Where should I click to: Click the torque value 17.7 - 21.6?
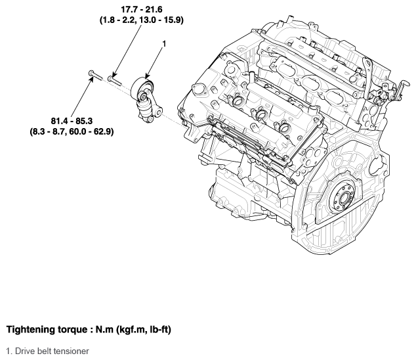(x=142, y=10)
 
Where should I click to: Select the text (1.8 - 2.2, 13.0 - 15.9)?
(x=142, y=20)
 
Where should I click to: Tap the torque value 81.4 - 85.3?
(x=72, y=121)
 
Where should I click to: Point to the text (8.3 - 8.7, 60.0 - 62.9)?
(x=72, y=131)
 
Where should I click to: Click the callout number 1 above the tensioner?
(x=164, y=44)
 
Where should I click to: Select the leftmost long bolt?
(x=94, y=75)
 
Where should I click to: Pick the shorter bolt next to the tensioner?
(x=115, y=81)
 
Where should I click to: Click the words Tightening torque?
(x=47, y=329)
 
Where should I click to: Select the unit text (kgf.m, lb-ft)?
(x=144, y=329)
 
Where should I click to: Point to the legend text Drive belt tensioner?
(x=52, y=351)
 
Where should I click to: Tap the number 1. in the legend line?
(x=10, y=351)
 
